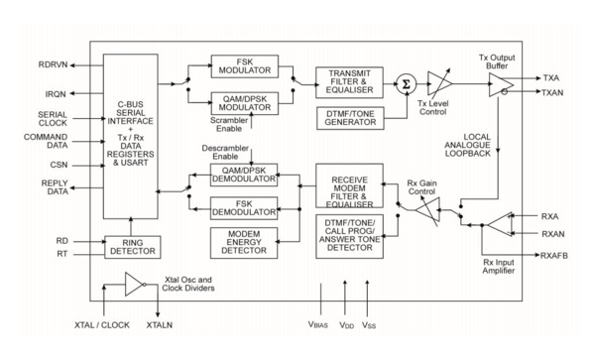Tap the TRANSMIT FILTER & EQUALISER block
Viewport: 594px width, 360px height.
pyautogui.click(x=349, y=82)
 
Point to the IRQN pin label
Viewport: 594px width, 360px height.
pyautogui.click(x=56, y=96)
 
